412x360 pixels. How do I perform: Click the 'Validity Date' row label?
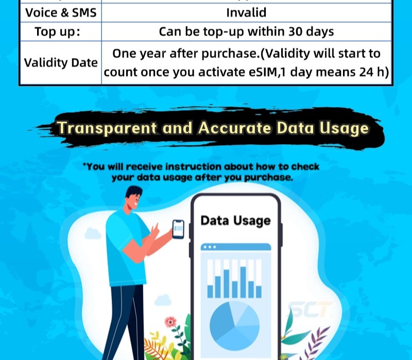click(60, 63)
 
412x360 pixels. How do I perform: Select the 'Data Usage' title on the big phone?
click(235, 220)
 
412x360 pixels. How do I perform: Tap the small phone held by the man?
click(178, 229)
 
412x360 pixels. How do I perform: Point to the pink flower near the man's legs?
click(170, 322)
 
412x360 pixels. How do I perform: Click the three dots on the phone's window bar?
click(209, 247)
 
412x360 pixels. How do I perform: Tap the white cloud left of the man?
click(92, 232)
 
